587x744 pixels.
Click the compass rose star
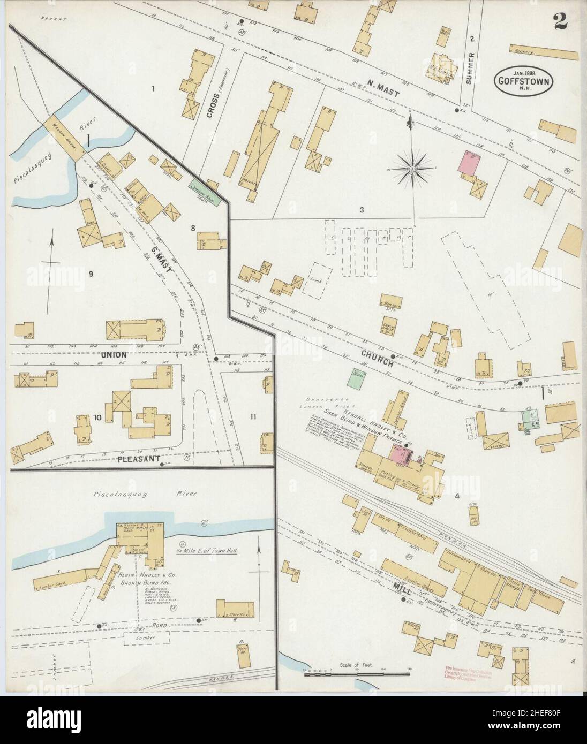(412, 170)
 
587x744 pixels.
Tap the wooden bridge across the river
(63, 137)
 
